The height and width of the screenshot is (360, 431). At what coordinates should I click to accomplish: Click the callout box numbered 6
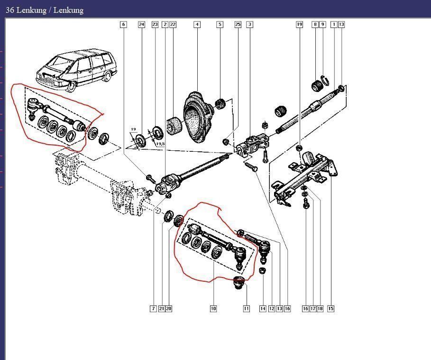124,25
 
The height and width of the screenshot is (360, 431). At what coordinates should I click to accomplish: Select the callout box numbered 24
141,25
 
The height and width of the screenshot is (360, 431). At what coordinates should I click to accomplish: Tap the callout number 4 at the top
197,25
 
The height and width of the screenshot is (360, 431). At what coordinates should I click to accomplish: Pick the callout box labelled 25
238,25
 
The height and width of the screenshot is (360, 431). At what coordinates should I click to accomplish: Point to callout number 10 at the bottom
213,309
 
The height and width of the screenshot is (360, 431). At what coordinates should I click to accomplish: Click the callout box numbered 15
330,309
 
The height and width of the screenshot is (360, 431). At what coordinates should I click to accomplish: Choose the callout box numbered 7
153,309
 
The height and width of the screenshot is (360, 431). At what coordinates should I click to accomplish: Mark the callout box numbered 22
173,25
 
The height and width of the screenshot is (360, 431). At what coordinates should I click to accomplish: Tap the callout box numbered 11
246,309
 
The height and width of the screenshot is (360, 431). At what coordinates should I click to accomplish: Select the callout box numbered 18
320,309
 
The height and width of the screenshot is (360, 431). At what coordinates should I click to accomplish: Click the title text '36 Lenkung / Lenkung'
45,10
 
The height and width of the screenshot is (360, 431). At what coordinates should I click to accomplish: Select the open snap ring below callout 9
325,80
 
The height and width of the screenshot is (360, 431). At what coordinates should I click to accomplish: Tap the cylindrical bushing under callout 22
174,127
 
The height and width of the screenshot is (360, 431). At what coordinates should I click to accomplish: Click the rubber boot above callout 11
239,283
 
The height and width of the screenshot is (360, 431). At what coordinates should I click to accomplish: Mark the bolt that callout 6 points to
151,178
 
